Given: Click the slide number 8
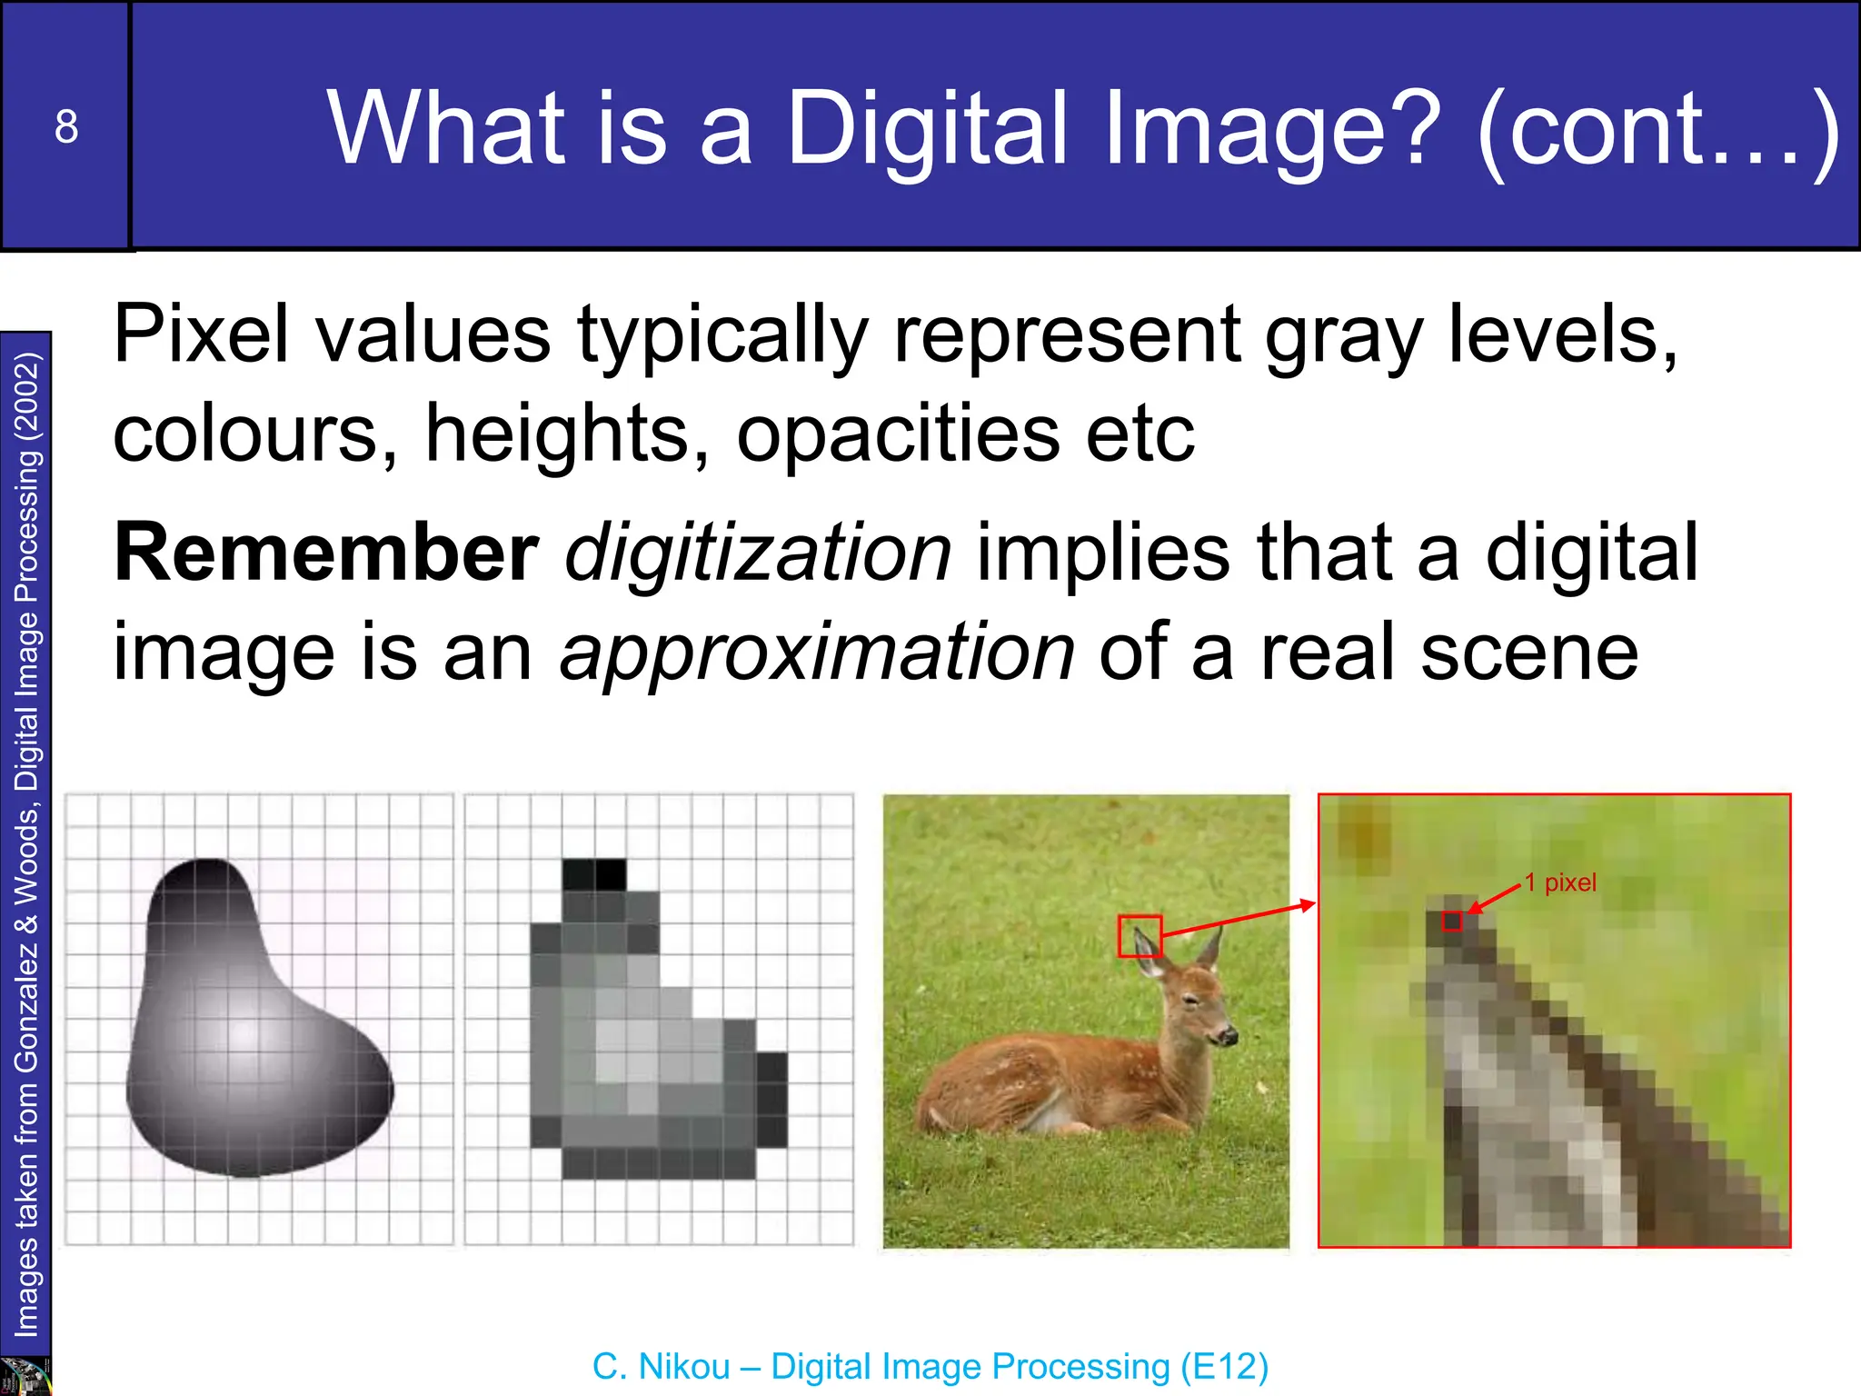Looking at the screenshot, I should [66, 126].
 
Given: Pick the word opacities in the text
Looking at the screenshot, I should [898, 434].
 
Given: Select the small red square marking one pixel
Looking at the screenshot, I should [1452, 921].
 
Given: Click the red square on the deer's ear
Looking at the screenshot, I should [1139, 935].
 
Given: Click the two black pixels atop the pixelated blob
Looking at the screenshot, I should [594, 874].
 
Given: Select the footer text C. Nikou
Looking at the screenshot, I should [661, 1366].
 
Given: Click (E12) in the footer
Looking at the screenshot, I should [1224, 1366].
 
